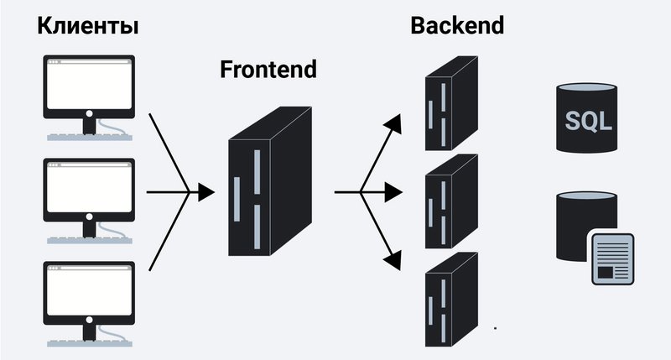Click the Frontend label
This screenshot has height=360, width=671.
pyautogui.click(x=268, y=69)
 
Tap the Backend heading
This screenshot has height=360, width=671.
pyautogui.click(x=457, y=26)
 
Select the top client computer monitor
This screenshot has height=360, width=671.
pyautogui.click(x=87, y=87)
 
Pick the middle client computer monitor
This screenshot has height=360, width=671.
pyautogui.click(x=87, y=190)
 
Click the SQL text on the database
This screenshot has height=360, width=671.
pyautogui.click(x=586, y=122)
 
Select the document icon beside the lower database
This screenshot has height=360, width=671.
pyautogui.click(x=611, y=258)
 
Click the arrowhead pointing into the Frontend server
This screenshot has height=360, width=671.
pyautogui.click(x=206, y=193)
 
